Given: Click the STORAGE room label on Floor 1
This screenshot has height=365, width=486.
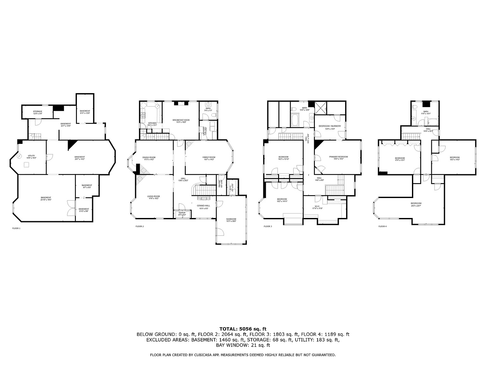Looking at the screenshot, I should pos(38,112).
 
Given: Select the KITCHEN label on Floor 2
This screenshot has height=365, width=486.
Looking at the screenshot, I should pos(152,123).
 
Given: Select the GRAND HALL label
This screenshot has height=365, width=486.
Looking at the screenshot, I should pos(203,207).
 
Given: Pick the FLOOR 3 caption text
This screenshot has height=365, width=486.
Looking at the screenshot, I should pos(267,226).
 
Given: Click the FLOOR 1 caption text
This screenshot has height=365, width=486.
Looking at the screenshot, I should pos(16,228).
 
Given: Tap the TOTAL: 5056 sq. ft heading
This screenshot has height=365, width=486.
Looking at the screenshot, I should pos(243,329).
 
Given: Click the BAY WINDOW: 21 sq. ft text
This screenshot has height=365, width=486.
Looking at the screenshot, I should pos(243,345).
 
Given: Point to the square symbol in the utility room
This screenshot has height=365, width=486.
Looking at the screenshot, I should pos(27,164).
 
